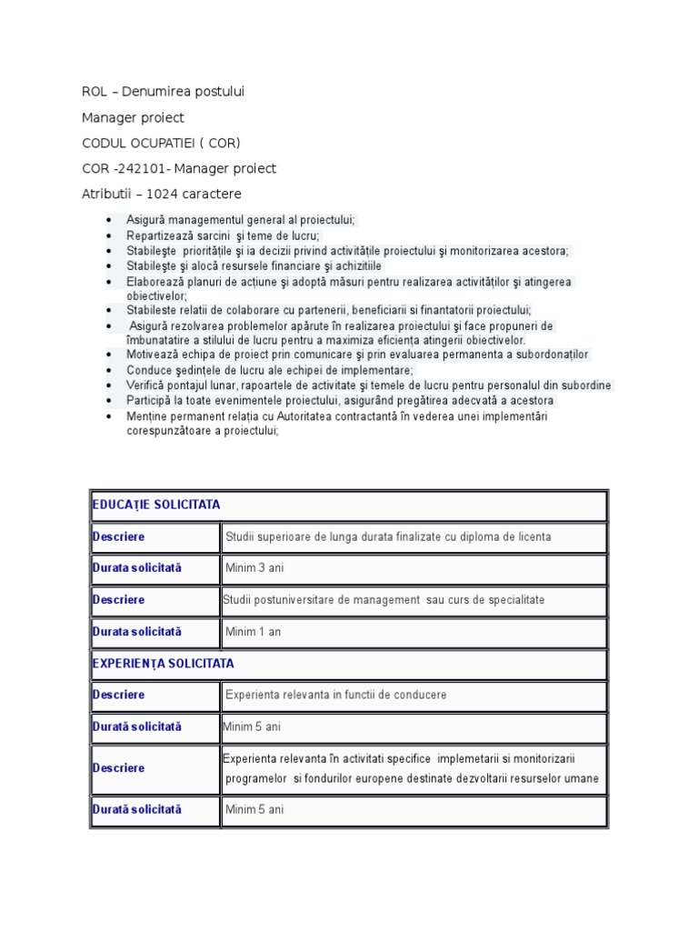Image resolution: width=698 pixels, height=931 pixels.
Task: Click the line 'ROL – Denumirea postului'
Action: pos(163,91)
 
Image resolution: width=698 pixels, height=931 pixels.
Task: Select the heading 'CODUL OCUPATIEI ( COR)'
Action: pos(161,143)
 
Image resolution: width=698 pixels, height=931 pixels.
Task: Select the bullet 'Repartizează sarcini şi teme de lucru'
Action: pos(223,235)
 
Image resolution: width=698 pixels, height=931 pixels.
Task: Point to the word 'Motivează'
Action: pos(154,355)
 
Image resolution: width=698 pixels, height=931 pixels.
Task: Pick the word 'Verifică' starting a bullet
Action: pos(148,385)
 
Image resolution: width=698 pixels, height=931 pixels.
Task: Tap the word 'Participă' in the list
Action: pos(151,400)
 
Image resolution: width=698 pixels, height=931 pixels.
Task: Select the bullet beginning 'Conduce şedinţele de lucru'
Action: pos(257,370)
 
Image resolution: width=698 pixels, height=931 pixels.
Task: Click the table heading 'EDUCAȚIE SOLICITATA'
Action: pos(156,505)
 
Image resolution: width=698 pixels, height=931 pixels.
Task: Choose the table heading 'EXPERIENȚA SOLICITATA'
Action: pos(163,664)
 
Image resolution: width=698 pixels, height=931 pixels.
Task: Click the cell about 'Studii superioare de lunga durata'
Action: pos(388,537)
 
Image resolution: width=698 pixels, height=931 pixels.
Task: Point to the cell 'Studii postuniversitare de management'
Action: pos(384,600)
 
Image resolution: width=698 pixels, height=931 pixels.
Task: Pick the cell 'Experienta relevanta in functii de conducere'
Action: pos(336,696)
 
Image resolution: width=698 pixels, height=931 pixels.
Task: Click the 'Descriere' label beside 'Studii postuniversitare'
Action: pos(119,600)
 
